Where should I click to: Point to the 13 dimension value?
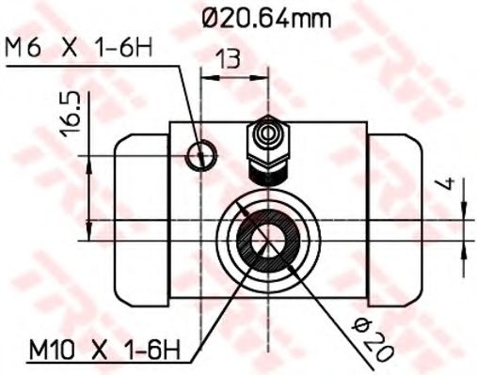click(x=227, y=59)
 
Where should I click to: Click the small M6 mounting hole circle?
click(x=199, y=155)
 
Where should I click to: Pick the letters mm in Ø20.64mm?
click(x=319, y=16)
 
